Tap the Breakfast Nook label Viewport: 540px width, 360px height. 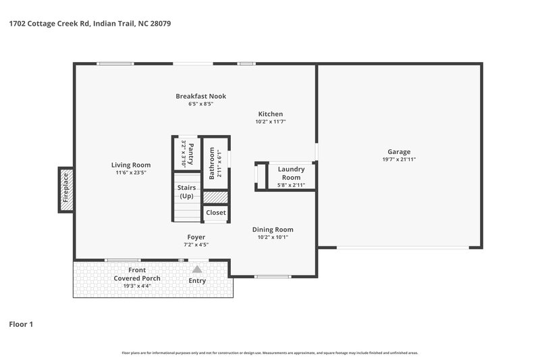[x=200, y=97]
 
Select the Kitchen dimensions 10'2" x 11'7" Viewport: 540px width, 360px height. [x=271, y=122]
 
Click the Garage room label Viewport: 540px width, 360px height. [x=399, y=152]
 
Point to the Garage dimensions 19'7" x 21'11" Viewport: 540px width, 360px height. [x=399, y=160]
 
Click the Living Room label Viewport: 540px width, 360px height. [x=131, y=165]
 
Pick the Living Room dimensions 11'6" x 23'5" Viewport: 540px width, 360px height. [x=131, y=173]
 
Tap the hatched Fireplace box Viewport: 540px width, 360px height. [x=66, y=189]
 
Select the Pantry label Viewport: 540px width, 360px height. [x=190, y=153]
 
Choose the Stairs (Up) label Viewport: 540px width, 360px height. [x=186, y=192]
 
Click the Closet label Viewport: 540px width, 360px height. [x=216, y=213]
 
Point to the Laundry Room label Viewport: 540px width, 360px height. [x=291, y=174]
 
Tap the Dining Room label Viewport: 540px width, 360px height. [x=273, y=230]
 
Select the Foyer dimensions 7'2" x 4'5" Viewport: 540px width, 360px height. [x=196, y=245]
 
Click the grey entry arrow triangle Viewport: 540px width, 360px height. [x=197, y=269]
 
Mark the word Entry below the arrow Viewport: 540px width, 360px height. [x=197, y=281]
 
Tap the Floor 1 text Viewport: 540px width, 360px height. [x=20, y=325]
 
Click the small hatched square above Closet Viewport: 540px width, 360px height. [x=216, y=197]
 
